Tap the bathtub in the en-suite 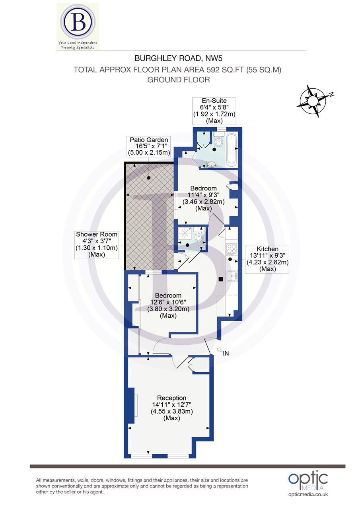(232, 150)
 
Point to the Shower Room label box (97, 244)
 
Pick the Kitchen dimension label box (267, 258)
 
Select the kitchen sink (232, 276)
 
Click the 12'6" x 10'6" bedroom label (168, 305)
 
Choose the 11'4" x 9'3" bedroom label (203, 198)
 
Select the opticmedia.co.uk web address (308, 494)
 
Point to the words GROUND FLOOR (179, 80)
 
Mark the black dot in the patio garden (148, 178)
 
